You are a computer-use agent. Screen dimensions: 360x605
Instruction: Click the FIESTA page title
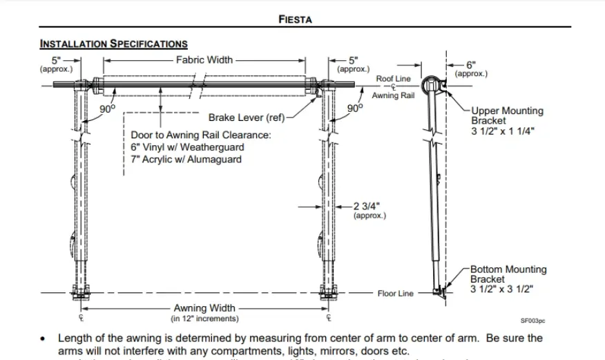[x=295, y=19]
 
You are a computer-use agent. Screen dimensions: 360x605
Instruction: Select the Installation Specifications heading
[x=114, y=44]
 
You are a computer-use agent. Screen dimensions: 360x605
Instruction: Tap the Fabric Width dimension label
[x=204, y=60]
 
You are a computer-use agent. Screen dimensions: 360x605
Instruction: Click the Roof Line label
[x=393, y=79]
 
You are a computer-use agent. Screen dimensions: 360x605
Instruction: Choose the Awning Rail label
[x=393, y=95]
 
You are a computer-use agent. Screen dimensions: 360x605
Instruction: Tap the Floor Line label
[x=395, y=294]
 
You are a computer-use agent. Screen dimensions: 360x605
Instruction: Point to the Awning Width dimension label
[x=204, y=308]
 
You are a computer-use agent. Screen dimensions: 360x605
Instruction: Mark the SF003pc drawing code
[x=532, y=321]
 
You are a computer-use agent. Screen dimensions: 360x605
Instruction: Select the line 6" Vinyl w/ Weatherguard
[x=187, y=147]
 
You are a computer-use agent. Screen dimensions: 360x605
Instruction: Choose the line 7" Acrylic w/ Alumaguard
[x=186, y=159]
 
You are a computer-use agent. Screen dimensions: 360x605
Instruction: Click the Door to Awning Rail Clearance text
[x=201, y=135]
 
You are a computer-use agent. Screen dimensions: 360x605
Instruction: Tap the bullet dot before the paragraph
[x=44, y=339]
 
